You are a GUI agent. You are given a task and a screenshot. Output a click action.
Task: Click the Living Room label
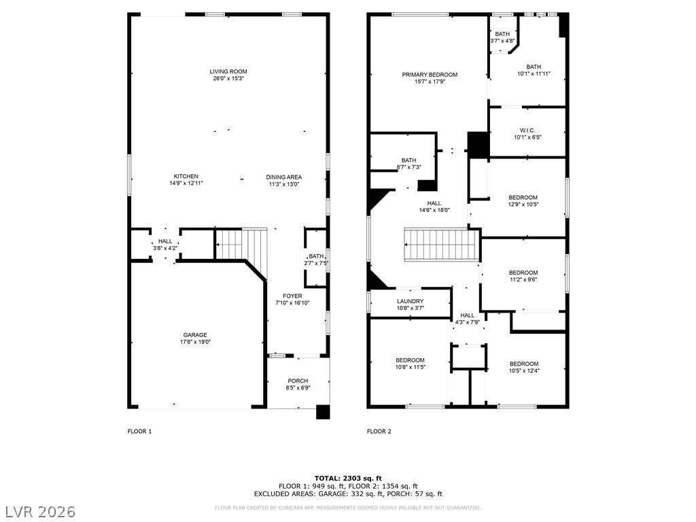228,71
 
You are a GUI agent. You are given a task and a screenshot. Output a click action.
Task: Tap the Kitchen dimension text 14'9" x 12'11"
186,184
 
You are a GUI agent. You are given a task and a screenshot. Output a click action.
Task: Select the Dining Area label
283,177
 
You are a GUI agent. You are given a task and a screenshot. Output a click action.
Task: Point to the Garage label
195,335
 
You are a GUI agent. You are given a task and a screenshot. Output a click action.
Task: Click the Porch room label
298,381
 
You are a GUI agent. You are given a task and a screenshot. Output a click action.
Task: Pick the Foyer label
292,296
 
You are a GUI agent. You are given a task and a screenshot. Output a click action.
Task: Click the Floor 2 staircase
442,245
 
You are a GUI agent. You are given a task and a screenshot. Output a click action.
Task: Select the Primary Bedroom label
430,75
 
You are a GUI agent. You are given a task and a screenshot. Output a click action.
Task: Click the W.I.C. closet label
527,130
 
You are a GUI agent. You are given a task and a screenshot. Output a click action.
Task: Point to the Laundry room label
410,301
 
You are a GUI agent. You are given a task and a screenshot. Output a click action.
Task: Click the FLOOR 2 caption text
379,431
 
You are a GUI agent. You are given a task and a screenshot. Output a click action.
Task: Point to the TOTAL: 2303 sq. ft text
348,478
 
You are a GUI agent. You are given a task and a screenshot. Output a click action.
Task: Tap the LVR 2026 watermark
38,512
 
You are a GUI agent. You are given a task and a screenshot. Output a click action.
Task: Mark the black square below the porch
323,413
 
